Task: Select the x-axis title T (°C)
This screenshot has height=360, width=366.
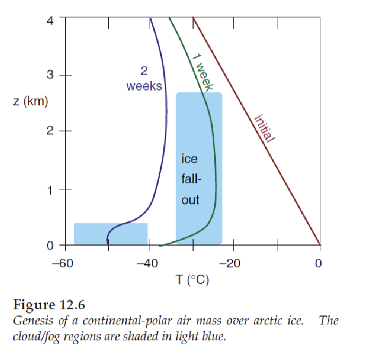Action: coord(191,280)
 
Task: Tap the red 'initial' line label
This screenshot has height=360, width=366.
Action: coord(264,129)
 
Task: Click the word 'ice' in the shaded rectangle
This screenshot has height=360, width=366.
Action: coord(190,159)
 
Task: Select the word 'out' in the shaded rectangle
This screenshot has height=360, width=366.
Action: coord(190,200)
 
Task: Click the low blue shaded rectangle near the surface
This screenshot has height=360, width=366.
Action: coord(110,234)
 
